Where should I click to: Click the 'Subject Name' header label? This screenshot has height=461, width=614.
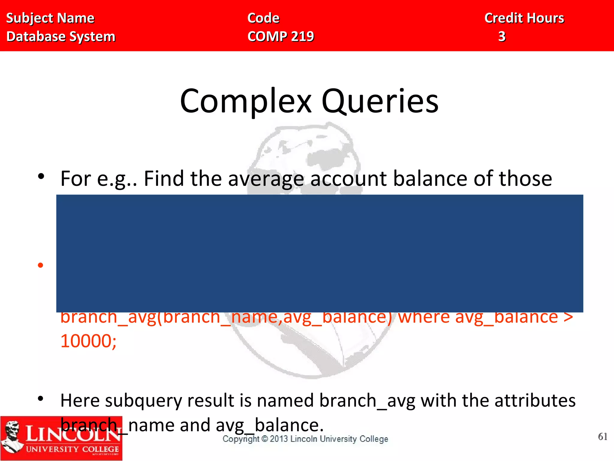coord(50,18)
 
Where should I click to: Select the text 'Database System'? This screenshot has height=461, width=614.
coord(61,36)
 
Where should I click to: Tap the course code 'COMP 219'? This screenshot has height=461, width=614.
coord(281,36)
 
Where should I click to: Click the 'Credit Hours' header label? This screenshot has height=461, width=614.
coord(524,18)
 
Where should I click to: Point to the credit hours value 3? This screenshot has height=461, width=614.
coord(502,36)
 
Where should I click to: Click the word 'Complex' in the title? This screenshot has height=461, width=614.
coord(246,101)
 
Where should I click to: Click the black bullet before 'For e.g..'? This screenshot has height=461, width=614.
coord(41,176)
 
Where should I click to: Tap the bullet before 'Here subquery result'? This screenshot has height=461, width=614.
coord(41,399)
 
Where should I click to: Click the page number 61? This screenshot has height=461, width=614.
coord(603,437)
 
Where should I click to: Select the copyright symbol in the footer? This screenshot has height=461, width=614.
coord(264,439)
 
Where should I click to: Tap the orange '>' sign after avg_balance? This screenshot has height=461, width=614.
coord(568,317)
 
